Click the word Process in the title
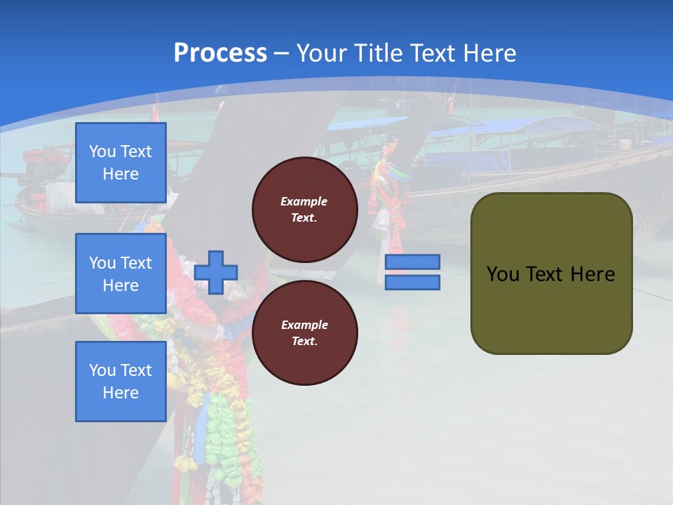click(220, 53)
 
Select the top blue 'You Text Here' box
click(121, 163)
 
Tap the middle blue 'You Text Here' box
click(121, 274)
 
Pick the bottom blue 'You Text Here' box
click(121, 381)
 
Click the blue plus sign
click(216, 272)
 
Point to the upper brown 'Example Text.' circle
click(304, 210)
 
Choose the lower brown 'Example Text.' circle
click(304, 333)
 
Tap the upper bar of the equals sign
click(412, 262)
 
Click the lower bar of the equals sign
click(412, 283)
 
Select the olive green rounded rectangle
click(551, 274)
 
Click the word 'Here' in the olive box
click(592, 274)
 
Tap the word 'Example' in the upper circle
click(304, 201)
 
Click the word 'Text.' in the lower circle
click(304, 342)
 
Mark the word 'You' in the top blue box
click(102, 151)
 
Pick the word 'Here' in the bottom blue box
click(121, 393)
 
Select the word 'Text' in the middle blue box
click(135, 263)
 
